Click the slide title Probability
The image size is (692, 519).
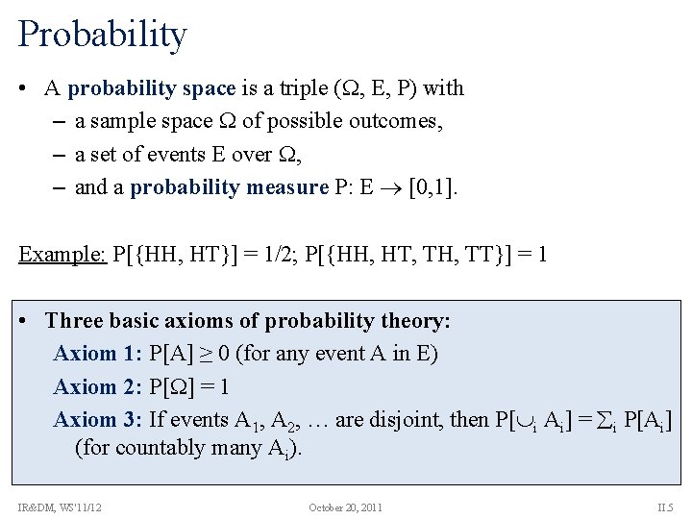pyautogui.click(x=102, y=35)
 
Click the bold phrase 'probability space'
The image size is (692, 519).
pyautogui.click(x=152, y=88)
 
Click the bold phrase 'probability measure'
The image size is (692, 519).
pyautogui.click(x=229, y=186)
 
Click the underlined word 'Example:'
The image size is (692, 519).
pyautogui.click(x=62, y=255)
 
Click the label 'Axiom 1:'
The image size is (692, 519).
pyautogui.click(x=98, y=354)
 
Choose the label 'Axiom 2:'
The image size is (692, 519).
pyautogui.click(x=98, y=387)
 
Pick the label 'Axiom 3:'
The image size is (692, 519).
pyautogui.click(x=98, y=420)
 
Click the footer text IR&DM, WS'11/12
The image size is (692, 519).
pyautogui.click(x=60, y=507)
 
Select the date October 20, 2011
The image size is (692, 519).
pyautogui.click(x=345, y=507)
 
